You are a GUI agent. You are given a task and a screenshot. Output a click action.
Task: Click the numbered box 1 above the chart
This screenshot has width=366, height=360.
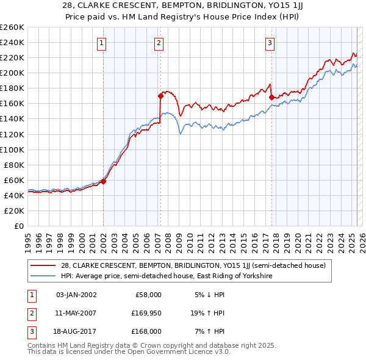pos(102,43)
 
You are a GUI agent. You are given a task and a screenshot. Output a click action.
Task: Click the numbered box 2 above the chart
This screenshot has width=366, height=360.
pos(159,43)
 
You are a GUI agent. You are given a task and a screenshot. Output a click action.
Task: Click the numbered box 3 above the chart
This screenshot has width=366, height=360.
pos(270,43)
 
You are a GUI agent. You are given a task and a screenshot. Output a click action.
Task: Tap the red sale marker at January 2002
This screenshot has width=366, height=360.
pos(103,181)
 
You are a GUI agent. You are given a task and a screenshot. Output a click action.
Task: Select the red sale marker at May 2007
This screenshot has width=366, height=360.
pos(160,96)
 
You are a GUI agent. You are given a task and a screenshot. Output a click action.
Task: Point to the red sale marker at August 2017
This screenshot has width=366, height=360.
pos(271,97)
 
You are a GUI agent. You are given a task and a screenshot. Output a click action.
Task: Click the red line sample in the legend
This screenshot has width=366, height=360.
pos(44,265)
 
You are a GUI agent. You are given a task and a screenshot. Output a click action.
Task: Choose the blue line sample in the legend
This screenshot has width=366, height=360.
pos(44,276)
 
